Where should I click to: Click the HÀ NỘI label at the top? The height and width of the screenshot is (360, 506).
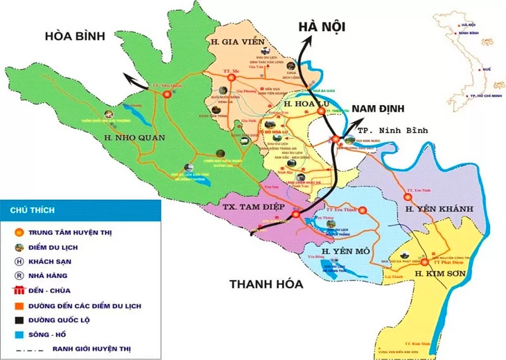322,26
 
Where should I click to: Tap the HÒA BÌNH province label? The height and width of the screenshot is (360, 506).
75,37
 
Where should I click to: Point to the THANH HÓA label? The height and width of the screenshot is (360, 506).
266,284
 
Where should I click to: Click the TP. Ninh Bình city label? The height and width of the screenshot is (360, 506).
392,130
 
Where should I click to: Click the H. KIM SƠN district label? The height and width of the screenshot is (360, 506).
438,274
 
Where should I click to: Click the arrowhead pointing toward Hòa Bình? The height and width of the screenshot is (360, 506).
128,79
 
